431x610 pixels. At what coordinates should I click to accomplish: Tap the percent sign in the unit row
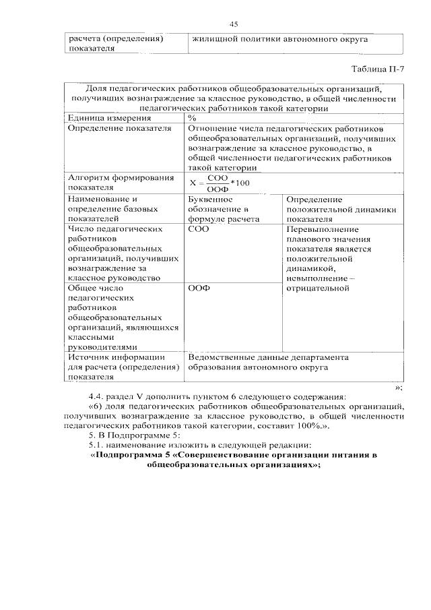pyautogui.click(x=191, y=118)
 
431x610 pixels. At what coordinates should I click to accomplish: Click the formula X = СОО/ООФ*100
pyautogui.click(x=220, y=183)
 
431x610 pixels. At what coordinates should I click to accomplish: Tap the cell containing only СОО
pyautogui.click(x=199, y=229)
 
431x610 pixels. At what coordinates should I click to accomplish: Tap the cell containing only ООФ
pyautogui.click(x=199, y=288)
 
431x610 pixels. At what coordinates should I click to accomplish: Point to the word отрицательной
pyautogui.click(x=317, y=288)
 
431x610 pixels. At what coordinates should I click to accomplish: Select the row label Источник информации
pyautogui.click(x=116, y=357)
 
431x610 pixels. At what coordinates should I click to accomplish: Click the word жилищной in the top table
pyautogui.click(x=213, y=40)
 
